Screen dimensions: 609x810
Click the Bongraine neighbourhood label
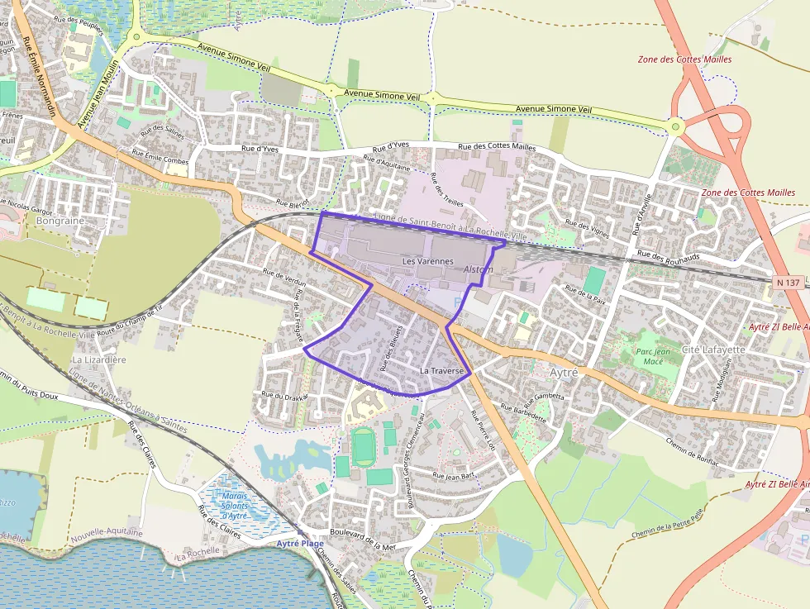click(61, 221)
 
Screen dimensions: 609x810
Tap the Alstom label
click(479, 269)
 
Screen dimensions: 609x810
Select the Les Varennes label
click(427, 261)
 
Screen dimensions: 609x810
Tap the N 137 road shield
click(789, 283)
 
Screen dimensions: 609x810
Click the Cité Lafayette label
click(713, 350)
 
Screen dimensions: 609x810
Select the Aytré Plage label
click(300, 543)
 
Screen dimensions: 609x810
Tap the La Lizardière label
click(99, 359)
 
